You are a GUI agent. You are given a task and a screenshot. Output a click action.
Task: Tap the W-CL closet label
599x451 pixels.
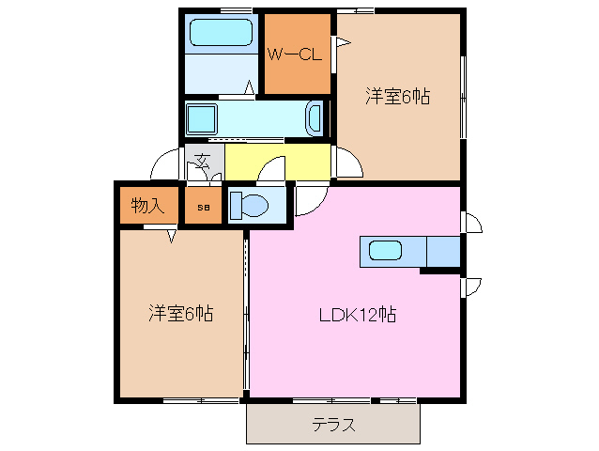pyautogui.click(x=297, y=54)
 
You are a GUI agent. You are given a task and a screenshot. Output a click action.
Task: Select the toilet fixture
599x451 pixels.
pyautogui.click(x=248, y=205)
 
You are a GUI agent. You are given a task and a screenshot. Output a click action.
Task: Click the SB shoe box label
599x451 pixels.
pyautogui.click(x=203, y=206)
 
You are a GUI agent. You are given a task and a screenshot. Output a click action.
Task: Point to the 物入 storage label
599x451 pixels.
pyautogui.click(x=147, y=205)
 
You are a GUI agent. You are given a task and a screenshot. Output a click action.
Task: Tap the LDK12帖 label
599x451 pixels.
pyautogui.click(x=355, y=316)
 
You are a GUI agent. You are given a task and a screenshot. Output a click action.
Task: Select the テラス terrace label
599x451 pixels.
pyautogui.click(x=333, y=425)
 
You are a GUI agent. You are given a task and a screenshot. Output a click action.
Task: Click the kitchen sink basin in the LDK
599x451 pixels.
pyautogui.click(x=386, y=251)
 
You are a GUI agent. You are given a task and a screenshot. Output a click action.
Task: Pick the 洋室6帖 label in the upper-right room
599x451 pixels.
pyautogui.click(x=397, y=96)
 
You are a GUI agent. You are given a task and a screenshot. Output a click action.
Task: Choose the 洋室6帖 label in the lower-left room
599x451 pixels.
pyautogui.click(x=180, y=312)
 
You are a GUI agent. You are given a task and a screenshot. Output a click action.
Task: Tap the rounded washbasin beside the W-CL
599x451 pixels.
pyautogui.click(x=316, y=119)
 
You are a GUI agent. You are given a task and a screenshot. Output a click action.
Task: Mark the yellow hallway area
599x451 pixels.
pyautogui.click(x=278, y=160)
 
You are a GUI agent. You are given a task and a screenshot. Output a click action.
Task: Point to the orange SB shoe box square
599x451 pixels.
pyautogui.click(x=204, y=206)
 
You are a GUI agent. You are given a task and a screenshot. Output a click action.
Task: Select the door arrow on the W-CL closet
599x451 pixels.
pyautogui.click(x=343, y=41)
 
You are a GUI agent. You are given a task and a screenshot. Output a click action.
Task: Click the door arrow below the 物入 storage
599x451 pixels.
pyautogui.click(x=172, y=236)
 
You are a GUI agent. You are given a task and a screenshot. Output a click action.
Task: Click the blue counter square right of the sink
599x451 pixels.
pyautogui.click(x=443, y=252)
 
